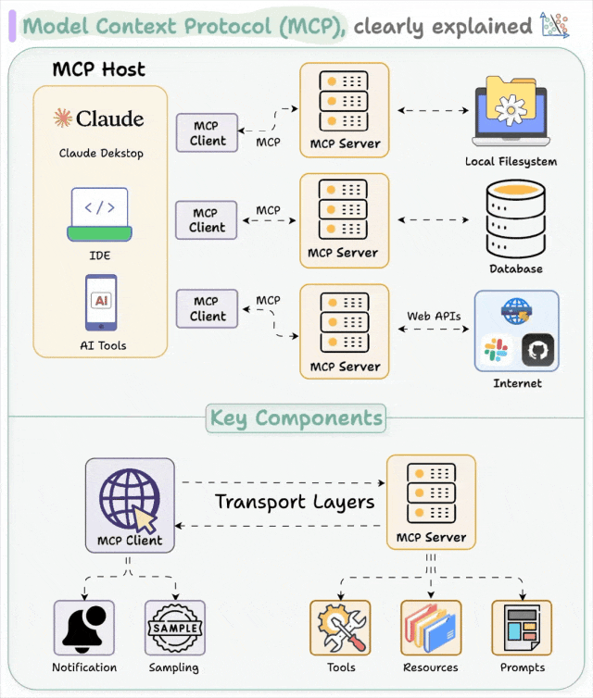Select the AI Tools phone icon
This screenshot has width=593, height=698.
tap(101, 302)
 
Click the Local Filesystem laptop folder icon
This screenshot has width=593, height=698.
tap(511, 111)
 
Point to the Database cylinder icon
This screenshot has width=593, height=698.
tap(515, 218)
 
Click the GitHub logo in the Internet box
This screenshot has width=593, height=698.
tap(536, 351)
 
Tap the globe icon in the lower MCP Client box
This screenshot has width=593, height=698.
tap(129, 498)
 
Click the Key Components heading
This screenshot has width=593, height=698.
tap(296, 418)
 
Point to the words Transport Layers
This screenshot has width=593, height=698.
tap(295, 502)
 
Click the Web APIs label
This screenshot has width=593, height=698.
tap(433, 316)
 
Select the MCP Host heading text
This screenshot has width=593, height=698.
tap(98, 69)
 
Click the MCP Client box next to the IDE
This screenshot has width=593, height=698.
tap(207, 220)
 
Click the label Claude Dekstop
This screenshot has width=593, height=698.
tap(101, 153)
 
